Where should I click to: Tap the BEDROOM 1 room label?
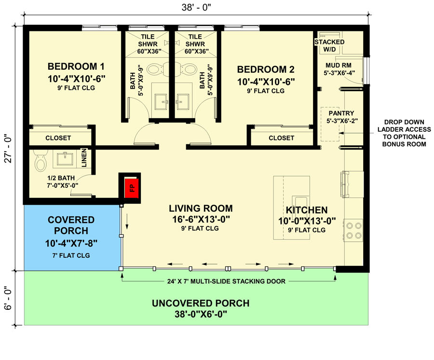point(76,67)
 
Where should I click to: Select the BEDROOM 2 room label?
point(266,69)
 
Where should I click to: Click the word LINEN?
point(84,158)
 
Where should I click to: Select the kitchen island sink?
point(300,203)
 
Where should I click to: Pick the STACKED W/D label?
point(329,45)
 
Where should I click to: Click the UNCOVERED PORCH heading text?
point(201,304)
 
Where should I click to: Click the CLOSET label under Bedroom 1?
point(58,138)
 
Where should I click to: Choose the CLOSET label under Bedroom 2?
point(281,138)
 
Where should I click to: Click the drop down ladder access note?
point(405,133)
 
